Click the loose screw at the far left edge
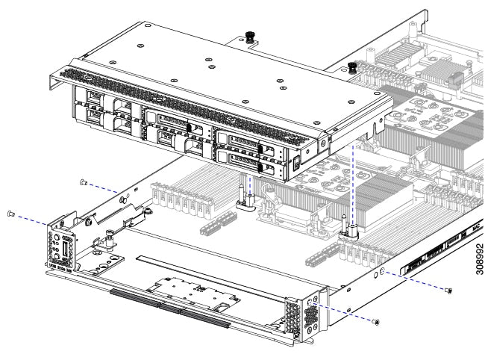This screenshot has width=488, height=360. (x=11, y=214)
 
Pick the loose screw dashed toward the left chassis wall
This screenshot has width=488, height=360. (x=84, y=181)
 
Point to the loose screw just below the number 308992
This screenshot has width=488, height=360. (x=448, y=290)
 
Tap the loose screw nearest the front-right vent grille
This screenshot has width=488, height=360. (x=378, y=323)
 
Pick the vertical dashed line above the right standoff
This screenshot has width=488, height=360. (x=352, y=187)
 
